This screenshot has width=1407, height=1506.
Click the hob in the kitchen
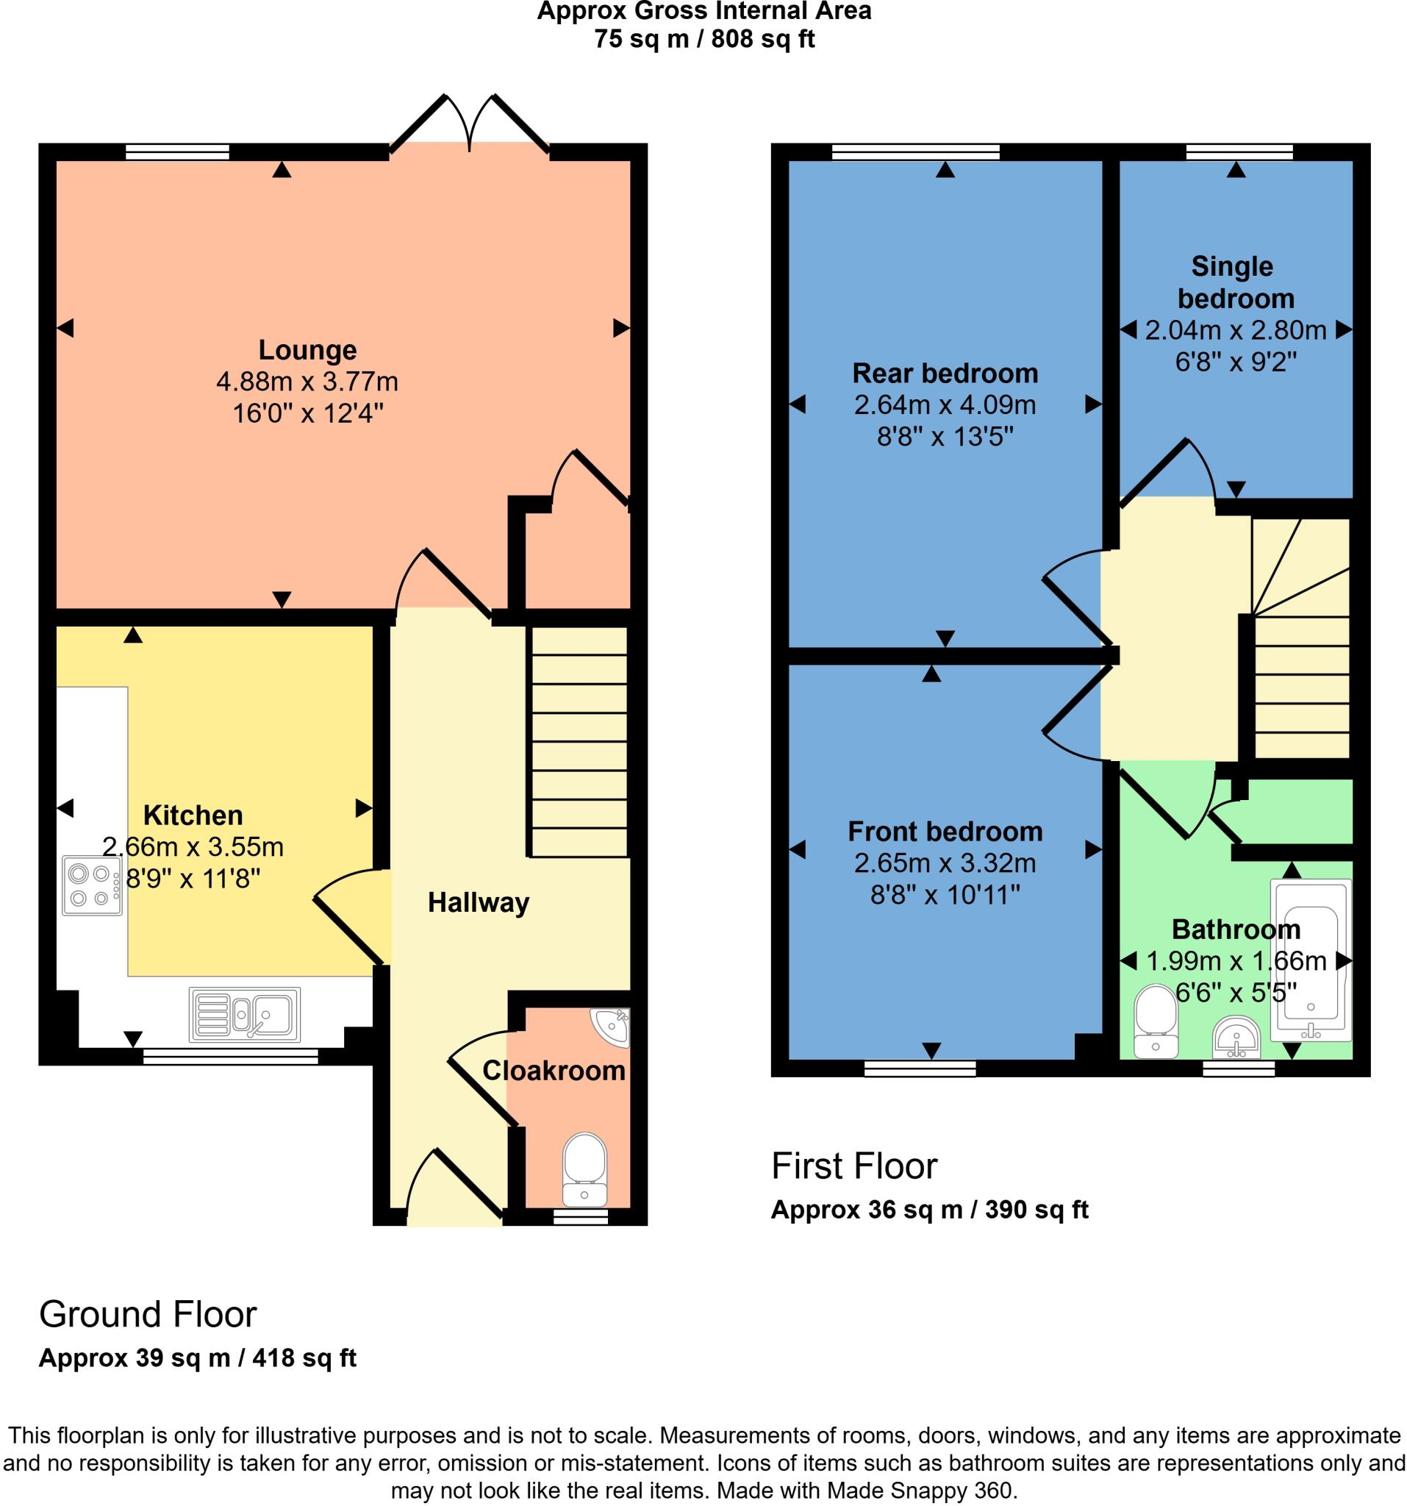93,885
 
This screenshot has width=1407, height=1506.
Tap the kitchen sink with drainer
244,1014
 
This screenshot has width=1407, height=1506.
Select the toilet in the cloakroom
584,1168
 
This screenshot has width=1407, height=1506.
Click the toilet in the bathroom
1156,1020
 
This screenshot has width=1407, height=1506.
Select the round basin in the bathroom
1236,1038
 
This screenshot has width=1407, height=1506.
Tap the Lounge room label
307,350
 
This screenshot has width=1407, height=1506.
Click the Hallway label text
478,902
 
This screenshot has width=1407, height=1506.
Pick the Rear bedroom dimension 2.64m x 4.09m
945,405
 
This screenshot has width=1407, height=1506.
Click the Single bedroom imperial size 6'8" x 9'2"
1235,362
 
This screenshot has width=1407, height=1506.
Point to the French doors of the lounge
470,125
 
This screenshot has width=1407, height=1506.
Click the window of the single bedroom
1239,152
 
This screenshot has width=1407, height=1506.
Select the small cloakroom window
580,1216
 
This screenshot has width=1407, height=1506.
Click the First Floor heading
853,1166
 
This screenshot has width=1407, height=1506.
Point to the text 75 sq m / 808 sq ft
703,39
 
